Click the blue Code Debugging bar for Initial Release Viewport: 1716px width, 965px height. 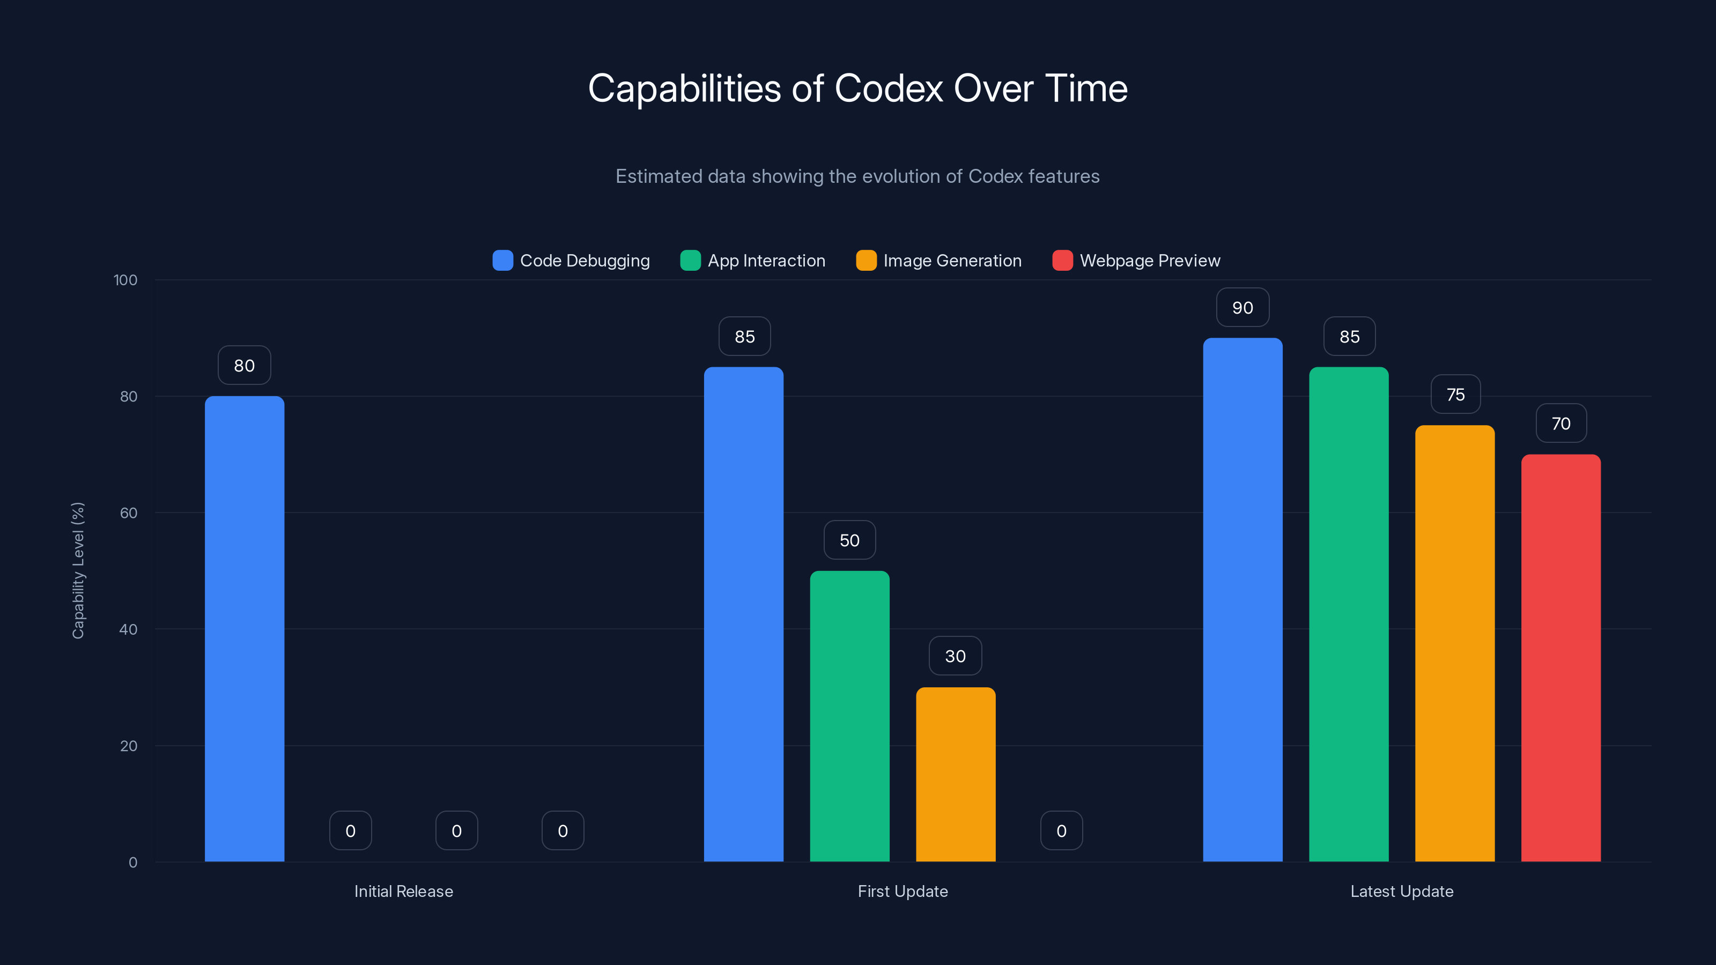(244, 629)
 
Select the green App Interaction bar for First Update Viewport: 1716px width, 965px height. (849, 716)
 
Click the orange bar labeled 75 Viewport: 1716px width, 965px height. (1454, 643)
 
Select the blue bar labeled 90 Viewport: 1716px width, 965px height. (1242, 599)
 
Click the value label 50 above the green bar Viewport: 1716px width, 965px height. (849, 540)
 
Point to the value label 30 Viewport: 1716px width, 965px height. (955, 656)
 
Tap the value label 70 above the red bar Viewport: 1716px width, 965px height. (1561, 424)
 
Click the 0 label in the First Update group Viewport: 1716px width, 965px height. (1061, 830)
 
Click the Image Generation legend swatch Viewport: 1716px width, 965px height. (866, 261)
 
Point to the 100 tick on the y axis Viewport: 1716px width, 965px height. (125, 280)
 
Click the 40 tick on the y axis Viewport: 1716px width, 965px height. (128, 629)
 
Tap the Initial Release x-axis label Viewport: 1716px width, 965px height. (403, 891)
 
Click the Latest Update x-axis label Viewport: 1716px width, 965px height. (1402, 891)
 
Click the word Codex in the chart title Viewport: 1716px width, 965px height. (889, 88)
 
